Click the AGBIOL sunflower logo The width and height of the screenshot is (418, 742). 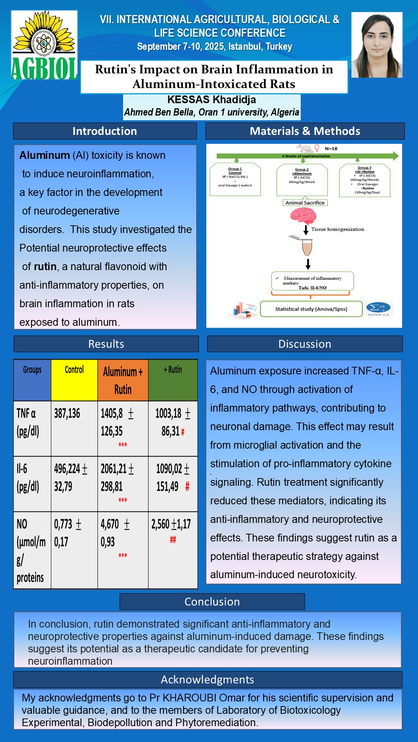(44, 45)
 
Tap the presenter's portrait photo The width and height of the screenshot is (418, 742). (377, 45)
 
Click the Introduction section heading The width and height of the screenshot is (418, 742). (105, 131)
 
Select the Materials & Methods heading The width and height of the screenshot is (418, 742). (305, 131)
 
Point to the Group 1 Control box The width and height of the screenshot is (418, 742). (235, 179)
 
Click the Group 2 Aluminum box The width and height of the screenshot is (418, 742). (302, 179)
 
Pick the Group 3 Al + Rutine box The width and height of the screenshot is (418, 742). (365, 180)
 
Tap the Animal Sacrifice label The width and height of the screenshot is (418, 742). (305, 203)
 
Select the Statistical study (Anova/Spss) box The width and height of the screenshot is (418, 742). (311, 309)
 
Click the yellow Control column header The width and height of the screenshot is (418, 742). (74, 380)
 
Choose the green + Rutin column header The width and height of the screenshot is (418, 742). (173, 380)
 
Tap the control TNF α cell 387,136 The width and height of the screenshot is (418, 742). (67, 414)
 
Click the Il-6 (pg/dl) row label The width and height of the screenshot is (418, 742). (28, 478)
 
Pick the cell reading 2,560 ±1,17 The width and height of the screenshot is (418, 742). (171, 524)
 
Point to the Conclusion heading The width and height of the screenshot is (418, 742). (212, 602)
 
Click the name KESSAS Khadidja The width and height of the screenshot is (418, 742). (212, 100)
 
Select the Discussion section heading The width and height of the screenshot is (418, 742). (305, 344)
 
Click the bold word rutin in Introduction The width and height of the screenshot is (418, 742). (45, 267)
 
